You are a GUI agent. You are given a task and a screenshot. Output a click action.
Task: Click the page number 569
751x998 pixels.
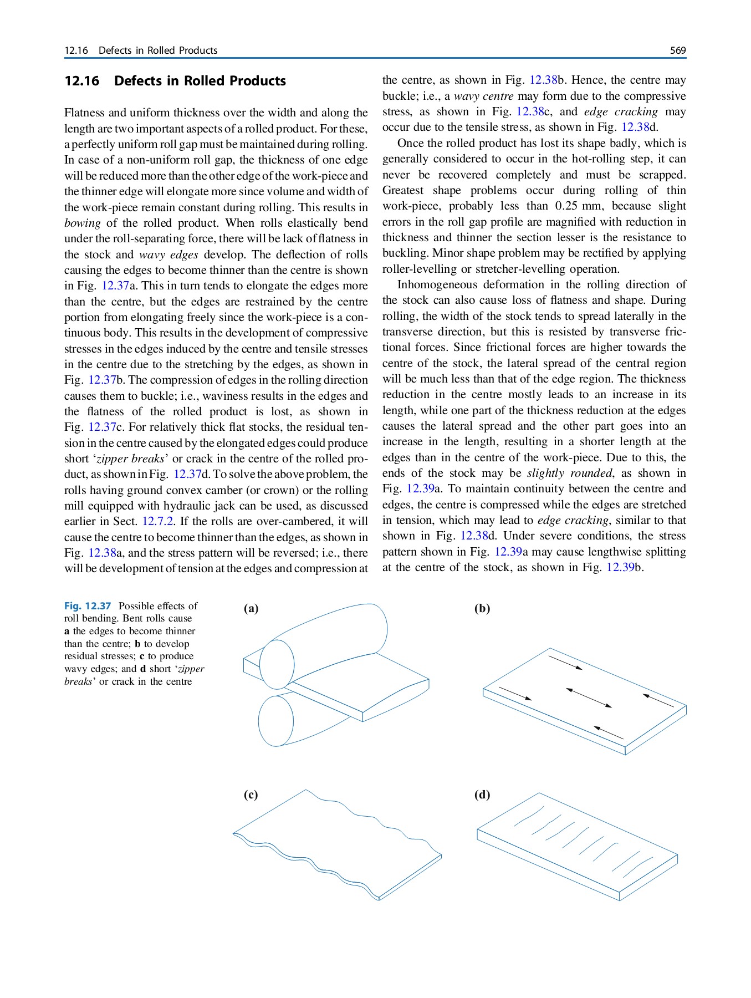coord(677,50)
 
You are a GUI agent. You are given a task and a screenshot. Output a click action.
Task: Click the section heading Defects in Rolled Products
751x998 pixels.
coord(200,81)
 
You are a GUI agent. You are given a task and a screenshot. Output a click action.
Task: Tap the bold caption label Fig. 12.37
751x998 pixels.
coord(88,606)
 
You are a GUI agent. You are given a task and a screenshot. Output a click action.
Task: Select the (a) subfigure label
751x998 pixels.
coord(251,608)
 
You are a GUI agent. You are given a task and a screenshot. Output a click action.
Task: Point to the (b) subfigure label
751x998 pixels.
coord(482,608)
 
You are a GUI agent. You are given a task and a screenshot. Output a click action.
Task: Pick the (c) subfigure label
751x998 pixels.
coord(251,795)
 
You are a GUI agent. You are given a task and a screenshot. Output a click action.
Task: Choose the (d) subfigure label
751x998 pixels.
coord(482,795)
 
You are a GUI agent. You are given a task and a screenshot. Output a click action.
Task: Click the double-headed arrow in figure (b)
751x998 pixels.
coord(589,698)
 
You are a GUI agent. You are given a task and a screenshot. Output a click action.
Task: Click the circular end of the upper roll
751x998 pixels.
coord(277,664)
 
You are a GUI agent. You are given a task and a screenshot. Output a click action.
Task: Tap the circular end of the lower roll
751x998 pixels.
coord(275,721)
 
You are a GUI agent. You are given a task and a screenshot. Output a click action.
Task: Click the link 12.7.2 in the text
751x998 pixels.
coord(158,522)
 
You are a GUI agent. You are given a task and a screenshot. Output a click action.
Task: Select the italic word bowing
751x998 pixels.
coord(82,223)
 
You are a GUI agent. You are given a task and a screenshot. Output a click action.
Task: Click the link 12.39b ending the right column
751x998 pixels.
coord(625,568)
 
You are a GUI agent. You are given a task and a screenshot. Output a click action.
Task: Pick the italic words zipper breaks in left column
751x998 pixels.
coord(131,459)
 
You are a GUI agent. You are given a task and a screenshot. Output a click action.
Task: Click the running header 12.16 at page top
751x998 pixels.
coord(76,50)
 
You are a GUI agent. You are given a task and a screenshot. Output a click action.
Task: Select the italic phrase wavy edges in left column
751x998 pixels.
coord(168,255)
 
